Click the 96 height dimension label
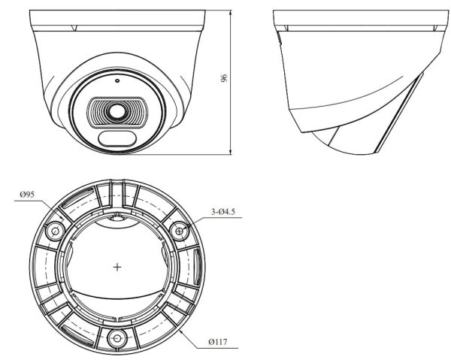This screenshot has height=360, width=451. (x=224, y=78)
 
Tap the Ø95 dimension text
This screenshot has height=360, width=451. (x=27, y=195)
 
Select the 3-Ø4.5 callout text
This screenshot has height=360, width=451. (x=223, y=212)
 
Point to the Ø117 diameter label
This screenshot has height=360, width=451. (x=218, y=342)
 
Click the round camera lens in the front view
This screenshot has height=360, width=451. (x=117, y=111)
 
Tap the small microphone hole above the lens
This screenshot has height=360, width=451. (x=117, y=80)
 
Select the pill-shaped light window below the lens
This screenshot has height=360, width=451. (x=117, y=138)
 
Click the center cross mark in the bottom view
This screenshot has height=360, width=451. (x=117, y=267)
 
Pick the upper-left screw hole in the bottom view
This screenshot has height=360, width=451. (x=55, y=231)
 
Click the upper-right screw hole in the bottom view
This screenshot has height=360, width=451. (x=180, y=231)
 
